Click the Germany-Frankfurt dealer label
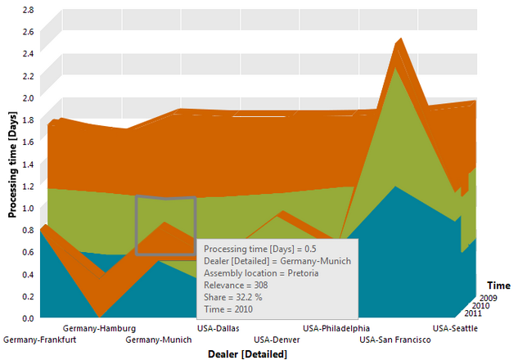click(39, 340)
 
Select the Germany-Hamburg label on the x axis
click(100, 329)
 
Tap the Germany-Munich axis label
click(159, 340)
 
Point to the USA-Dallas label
click(218, 329)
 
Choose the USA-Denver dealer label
click(277, 340)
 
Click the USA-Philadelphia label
click(336, 329)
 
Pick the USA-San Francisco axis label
click(395, 340)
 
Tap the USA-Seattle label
click(455, 329)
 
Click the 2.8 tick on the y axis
click(28, 10)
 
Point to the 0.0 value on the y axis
click(28, 318)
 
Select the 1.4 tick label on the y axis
click(28, 164)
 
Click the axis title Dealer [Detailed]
click(247, 354)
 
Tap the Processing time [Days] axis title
click(12, 164)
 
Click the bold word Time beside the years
click(498, 286)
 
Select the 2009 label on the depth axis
click(489, 299)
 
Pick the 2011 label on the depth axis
click(473, 313)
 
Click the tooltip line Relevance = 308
click(236, 286)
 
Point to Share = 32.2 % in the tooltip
click(233, 297)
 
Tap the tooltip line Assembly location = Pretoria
click(261, 273)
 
